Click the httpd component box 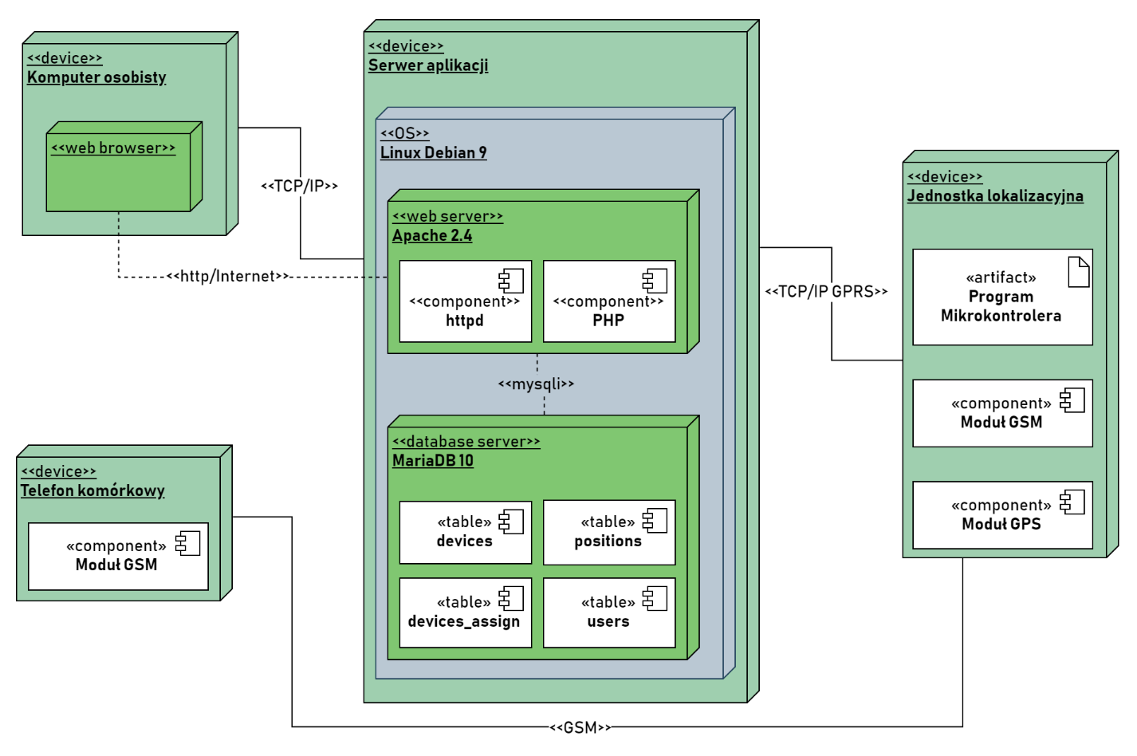pos(465,301)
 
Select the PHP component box pos(608,301)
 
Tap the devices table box pos(465,532)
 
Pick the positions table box pos(608,532)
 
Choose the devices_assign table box pos(465,612)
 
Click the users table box pos(608,612)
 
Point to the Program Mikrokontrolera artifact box pos(1001,297)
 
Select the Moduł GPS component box pos(1001,515)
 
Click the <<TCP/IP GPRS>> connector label pos(826,292)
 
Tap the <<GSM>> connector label pos(580,727)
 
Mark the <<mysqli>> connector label pos(536,384)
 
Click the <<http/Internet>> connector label pos(228,277)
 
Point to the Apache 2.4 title pos(432,236)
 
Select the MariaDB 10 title pos(433,461)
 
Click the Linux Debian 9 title pos(433,153)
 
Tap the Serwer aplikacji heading pos(428,66)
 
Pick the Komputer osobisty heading pos(96,77)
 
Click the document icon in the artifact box pos(1078,272)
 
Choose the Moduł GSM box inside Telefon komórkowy pos(118,557)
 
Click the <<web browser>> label pos(113,148)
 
